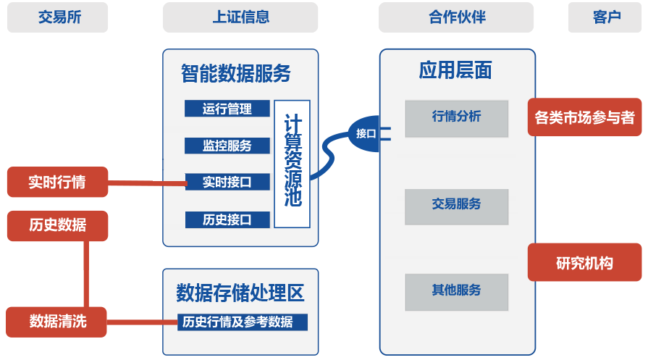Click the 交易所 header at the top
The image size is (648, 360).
(58, 17)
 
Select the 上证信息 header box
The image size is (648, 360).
(240, 17)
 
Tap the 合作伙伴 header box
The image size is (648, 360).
(456, 17)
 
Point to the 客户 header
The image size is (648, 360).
(606, 17)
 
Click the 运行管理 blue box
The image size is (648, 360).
(227, 109)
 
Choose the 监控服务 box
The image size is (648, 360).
(227, 146)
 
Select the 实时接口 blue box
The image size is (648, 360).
(227, 182)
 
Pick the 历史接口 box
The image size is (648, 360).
(227, 219)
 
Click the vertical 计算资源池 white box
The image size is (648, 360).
(293, 164)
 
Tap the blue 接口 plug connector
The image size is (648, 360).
(366, 133)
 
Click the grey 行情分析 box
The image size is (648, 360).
(456, 117)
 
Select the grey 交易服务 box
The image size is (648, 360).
(456, 206)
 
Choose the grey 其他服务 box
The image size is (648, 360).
(456, 291)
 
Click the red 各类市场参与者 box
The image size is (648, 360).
(584, 117)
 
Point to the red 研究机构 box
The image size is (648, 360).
(584, 262)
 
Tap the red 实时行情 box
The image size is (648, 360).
(57, 182)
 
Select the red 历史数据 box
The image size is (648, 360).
(57, 225)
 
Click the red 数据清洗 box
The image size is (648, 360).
(57, 321)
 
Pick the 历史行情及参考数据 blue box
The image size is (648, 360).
(243, 322)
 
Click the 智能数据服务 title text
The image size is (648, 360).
(235, 73)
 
